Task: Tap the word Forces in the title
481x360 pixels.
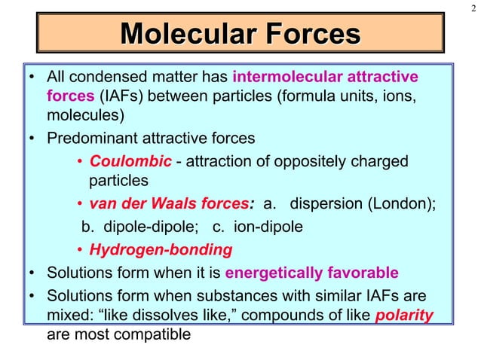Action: click(x=305, y=35)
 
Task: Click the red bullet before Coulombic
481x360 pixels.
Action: click(x=80, y=163)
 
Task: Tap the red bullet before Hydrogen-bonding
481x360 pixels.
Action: click(x=80, y=249)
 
